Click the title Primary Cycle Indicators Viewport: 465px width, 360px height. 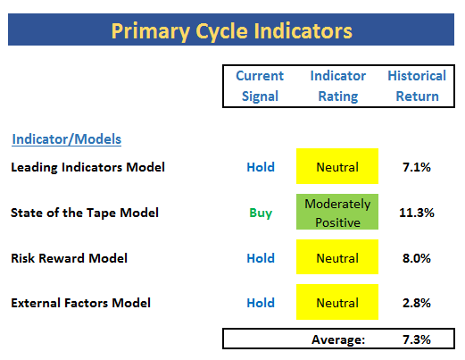pos(232,31)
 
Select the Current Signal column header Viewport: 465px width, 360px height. pos(260,86)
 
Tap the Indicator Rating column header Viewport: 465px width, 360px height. pos(338,86)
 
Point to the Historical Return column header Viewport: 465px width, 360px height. pos(417,86)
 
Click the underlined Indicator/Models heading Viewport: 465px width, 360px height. pos(67,139)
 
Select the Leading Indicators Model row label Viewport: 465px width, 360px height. pos(87,167)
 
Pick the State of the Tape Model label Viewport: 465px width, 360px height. pos(85,213)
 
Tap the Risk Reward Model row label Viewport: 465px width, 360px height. pos(69,258)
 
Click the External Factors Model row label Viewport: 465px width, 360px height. pos(80,303)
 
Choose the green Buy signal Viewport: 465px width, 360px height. pos(261,213)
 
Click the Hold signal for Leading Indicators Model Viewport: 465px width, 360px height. pos(261,167)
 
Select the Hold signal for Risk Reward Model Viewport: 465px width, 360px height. pos(261,258)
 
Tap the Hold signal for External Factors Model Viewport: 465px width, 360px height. pos(261,303)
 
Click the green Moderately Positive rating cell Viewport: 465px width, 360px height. pos(337,212)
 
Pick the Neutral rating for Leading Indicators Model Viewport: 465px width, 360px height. pos(337,166)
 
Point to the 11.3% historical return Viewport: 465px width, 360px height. pos(417,213)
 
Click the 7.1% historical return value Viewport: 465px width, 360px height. pos(417,167)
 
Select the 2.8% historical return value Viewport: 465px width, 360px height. pos(417,303)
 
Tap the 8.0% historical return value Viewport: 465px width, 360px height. pos(417,258)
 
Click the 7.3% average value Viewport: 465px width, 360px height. pos(417,339)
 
